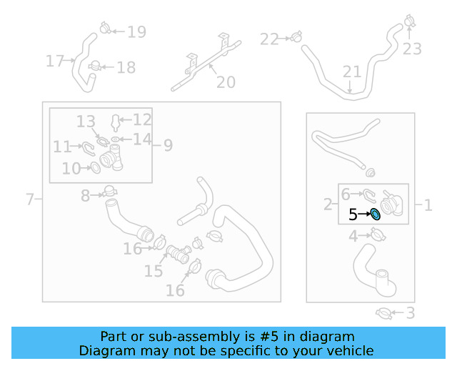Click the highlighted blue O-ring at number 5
click(x=375, y=214)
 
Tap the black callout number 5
click(x=353, y=214)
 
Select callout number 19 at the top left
click(x=136, y=32)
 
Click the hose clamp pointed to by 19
click(x=105, y=28)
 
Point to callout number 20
click(x=226, y=82)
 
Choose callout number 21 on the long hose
click(x=352, y=71)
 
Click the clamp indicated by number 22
click(x=296, y=36)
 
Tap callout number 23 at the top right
click(x=412, y=49)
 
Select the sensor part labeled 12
click(x=116, y=123)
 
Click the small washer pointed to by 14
click(x=116, y=139)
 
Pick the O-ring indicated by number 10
click(x=95, y=168)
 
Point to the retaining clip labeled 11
click(x=89, y=149)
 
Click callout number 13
click(x=86, y=122)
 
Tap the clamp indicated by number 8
click(x=110, y=191)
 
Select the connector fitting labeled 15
click(x=179, y=253)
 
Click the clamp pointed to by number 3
click(x=384, y=314)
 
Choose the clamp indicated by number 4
click(x=378, y=234)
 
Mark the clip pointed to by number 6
click(x=370, y=196)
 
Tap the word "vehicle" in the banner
click(x=351, y=350)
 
